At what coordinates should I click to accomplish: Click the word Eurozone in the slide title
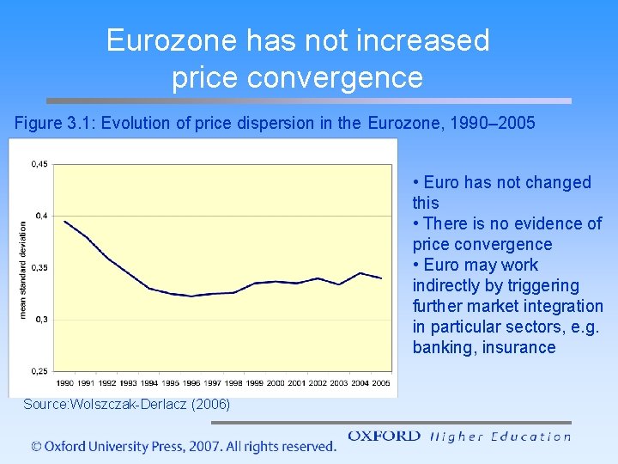[172, 40]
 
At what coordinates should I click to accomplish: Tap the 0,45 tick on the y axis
[39, 163]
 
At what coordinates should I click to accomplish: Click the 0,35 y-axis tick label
[39, 267]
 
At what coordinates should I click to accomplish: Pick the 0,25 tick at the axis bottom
[39, 371]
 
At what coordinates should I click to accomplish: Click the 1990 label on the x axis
[65, 383]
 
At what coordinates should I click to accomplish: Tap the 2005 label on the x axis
[380, 383]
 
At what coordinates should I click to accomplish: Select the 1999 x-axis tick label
[254, 383]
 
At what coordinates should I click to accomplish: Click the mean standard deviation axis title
[22, 269]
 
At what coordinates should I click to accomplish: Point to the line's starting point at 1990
[64, 221]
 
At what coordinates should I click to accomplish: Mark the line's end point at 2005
[381, 278]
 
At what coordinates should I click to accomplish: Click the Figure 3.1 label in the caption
[54, 123]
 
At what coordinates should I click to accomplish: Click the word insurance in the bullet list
[518, 347]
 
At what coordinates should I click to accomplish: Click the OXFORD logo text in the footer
[385, 437]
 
